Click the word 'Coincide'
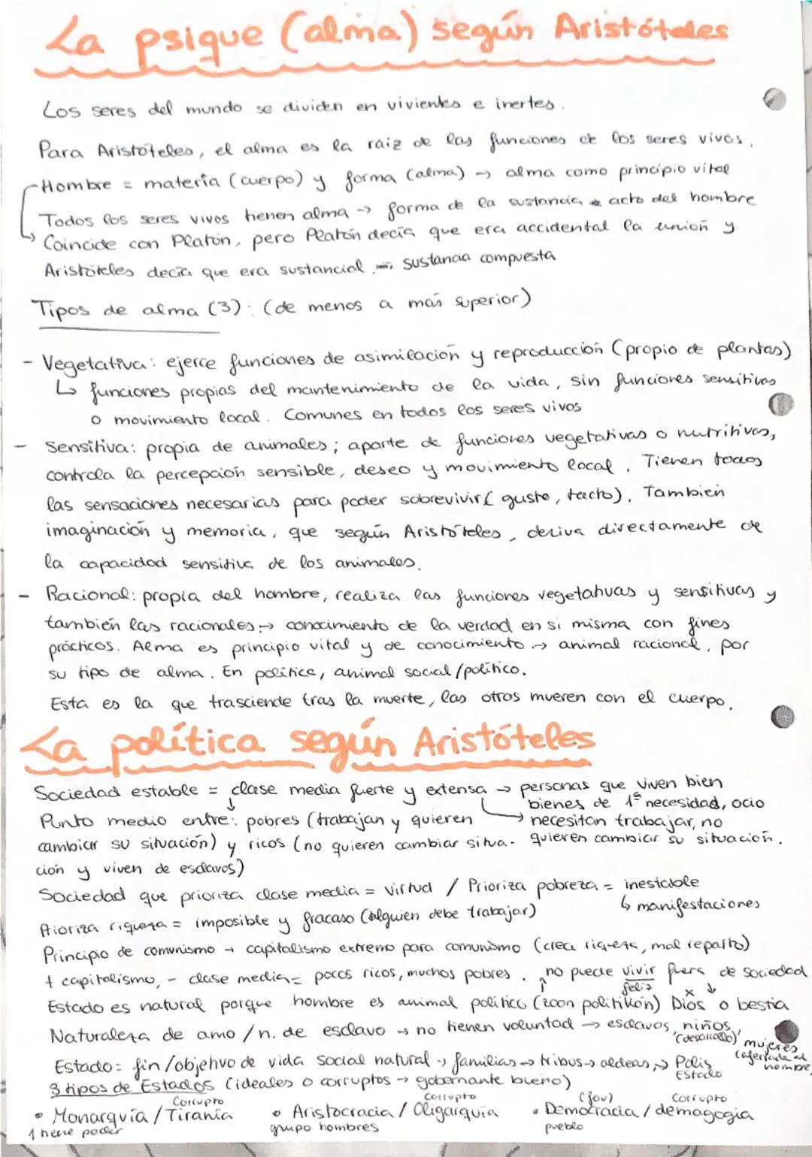80,243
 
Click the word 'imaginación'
98,530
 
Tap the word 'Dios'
687,1004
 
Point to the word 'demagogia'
702,1112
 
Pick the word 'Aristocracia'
342,1111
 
